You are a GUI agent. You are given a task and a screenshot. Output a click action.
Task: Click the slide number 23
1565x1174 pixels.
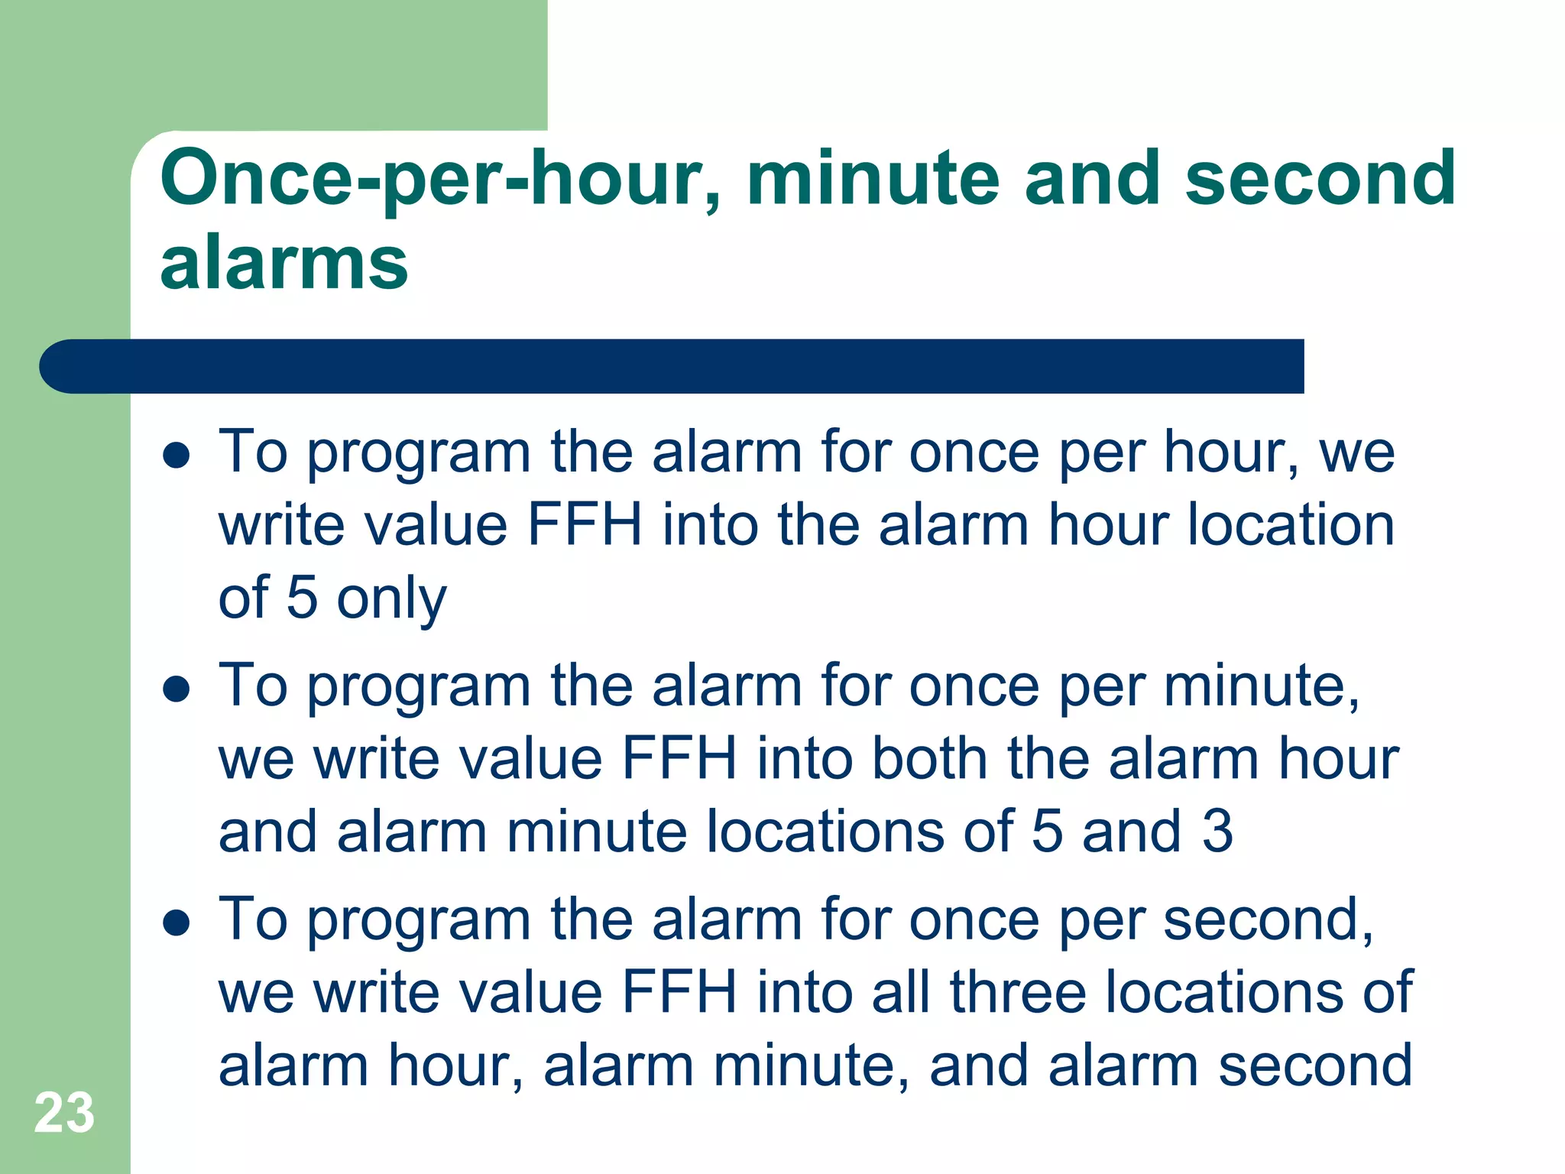64,1113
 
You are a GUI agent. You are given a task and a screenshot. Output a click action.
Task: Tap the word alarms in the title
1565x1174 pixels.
284,263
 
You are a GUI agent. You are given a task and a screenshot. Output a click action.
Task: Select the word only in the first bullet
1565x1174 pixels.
391,599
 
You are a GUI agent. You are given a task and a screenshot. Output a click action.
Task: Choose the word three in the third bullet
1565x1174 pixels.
1018,993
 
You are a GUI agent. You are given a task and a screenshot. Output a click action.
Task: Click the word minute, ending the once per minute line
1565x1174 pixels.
1262,686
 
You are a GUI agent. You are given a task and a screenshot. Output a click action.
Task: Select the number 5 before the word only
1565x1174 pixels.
302,598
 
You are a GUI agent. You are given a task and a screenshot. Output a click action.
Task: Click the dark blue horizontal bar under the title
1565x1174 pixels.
671,366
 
